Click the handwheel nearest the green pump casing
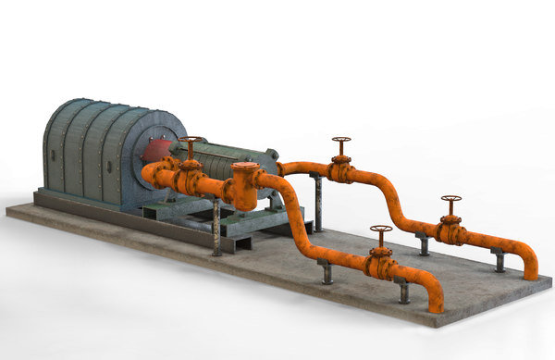click(191, 142)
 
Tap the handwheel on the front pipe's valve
click(380, 230)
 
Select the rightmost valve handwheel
click(450, 199)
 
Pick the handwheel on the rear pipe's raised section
click(341, 142)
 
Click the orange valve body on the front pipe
click(379, 266)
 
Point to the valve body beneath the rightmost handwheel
click(450, 231)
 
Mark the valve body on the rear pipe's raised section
click(341, 170)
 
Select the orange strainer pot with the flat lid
click(245, 186)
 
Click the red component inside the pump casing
click(157, 151)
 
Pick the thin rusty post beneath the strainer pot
click(217, 227)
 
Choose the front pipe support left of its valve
click(325, 272)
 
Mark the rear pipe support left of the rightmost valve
click(423, 244)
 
